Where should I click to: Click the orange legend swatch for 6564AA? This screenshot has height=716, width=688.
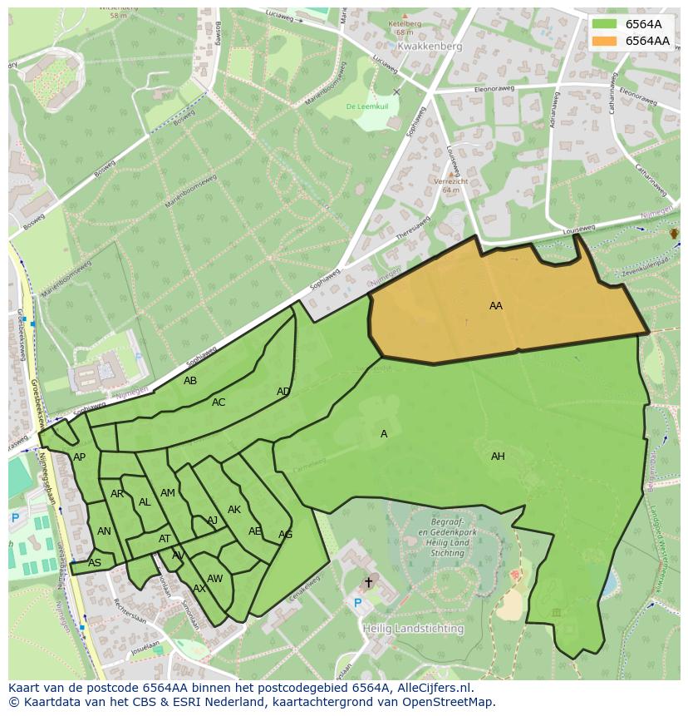point(604,41)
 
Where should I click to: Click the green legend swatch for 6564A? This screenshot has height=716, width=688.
point(604,24)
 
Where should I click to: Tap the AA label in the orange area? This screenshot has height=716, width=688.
point(495,306)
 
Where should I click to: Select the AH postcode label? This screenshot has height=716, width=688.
point(498,457)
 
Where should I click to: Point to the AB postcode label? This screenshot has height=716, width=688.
point(190,381)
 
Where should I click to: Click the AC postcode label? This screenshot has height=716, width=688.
point(219,402)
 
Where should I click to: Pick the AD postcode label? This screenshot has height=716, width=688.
point(283,392)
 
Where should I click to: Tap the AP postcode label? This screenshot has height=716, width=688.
point(79,457)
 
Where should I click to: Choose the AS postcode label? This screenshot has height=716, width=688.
point(95,563)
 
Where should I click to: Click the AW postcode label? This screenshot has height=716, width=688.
point(214,579)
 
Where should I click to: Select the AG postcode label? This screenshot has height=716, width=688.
point(285,535)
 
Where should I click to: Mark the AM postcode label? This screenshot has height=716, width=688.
point(168,493)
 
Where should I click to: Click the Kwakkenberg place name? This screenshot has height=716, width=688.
point(429,47)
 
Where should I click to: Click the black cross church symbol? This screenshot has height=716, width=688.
point(368,582)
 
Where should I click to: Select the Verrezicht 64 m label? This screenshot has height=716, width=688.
point(451,185)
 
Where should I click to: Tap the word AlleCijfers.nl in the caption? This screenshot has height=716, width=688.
point(430,688)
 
